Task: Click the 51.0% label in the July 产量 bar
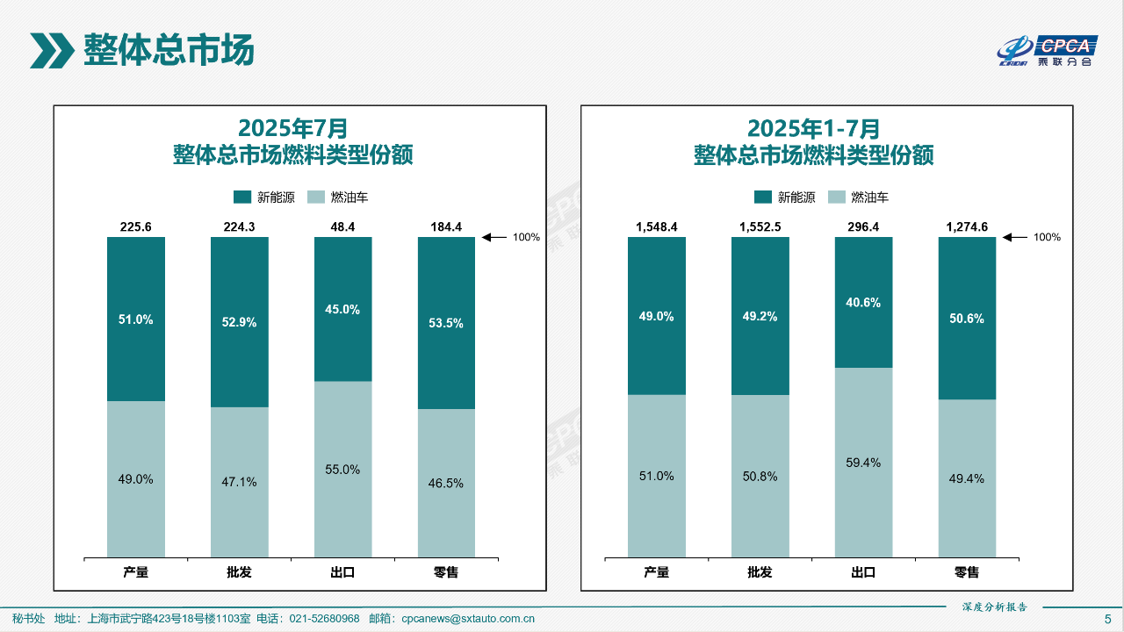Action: click(135, 320)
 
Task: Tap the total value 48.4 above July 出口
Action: click(342, 226)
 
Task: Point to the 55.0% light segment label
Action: click(342, 470)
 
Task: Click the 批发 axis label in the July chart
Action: click(239, 572)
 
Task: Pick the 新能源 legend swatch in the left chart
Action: click(242, 197)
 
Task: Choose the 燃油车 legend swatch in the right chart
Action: click(836, 197)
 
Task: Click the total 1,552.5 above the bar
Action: click(760, 226)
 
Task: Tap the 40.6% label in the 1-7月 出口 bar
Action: click(863, 302)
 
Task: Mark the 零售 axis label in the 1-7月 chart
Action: click(967, 572)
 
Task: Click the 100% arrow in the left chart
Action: click(495, 237)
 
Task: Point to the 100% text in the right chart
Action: click(1047, 237)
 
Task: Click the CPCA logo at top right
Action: click(1047, 51)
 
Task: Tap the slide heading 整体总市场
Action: click(169, 50)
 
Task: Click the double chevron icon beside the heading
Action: click(52, 50)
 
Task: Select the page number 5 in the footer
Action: click(1107, 619)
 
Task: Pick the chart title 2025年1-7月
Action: click(813, 129)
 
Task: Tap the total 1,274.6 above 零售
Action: click(967, 226)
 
